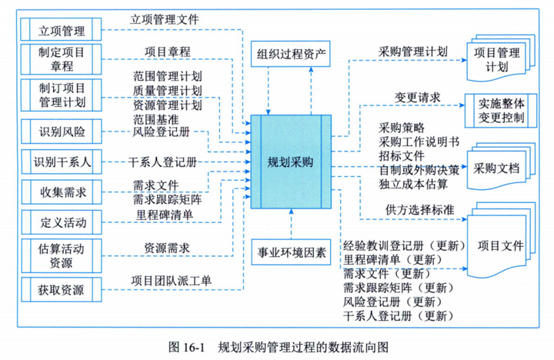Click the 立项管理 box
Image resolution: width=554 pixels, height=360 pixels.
point(64,31)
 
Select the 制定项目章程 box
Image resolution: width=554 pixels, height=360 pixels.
point(64,58)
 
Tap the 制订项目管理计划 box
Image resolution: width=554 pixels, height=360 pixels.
point(64,94)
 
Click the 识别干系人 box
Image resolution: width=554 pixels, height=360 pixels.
point(64,163)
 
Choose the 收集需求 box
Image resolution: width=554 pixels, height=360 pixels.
point(64,191)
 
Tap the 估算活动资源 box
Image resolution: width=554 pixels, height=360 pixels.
point(64,255)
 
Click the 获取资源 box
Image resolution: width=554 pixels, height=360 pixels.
point(64,290)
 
